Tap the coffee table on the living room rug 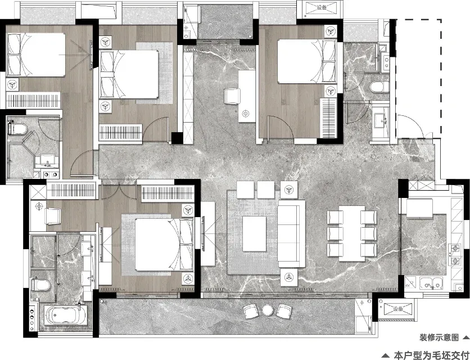[254, 233]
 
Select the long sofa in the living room [291, 233]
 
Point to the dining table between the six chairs [352, 233]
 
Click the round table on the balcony [267, 310]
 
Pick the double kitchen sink [431, 283]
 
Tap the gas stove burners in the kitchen [455, 254]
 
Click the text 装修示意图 [439, 337]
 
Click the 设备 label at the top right [322, 7]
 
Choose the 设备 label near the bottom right [398, 309]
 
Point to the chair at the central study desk [232, 96]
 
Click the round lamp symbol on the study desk [246, 114]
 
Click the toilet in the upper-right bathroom [379, 87]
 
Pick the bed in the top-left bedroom [36, 55]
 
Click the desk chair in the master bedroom [53, 216]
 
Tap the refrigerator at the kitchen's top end [419, 208]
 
